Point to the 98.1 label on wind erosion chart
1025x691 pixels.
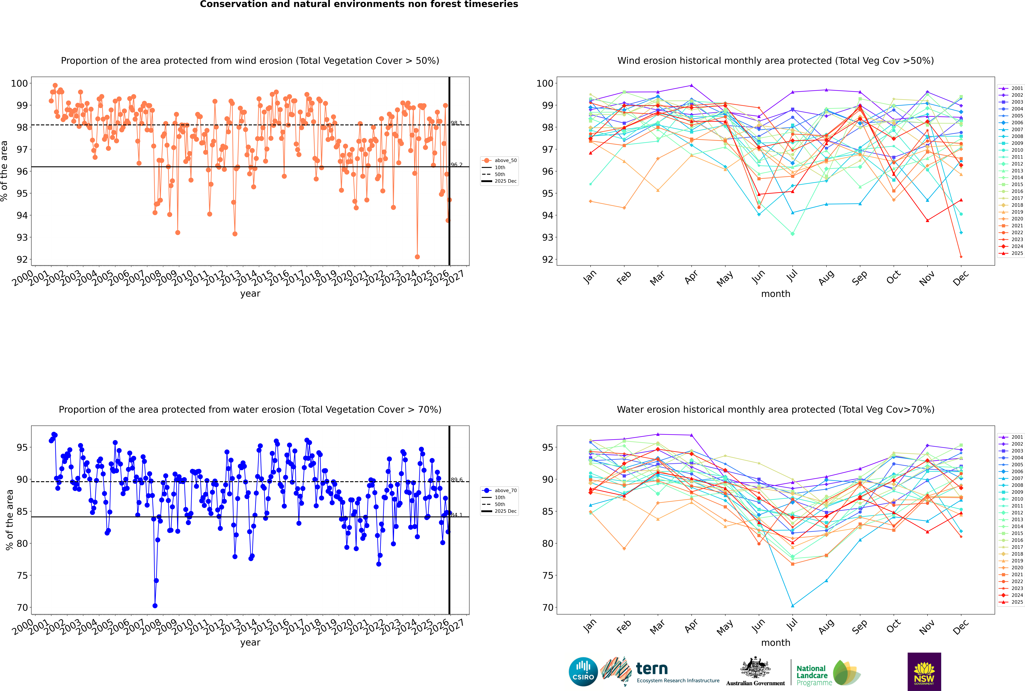click(457, 123)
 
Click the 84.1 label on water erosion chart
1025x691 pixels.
click(457, 515)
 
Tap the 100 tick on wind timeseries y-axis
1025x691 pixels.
click(19, 83)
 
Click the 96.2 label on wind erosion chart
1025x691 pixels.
click(457, 165)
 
